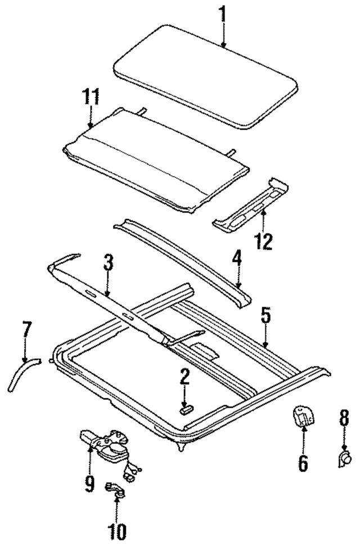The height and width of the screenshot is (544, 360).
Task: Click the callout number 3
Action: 108,263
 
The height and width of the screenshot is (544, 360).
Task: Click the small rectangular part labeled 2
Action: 185,410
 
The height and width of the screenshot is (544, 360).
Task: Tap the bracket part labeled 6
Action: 302,417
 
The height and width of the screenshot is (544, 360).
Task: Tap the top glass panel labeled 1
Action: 205,73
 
